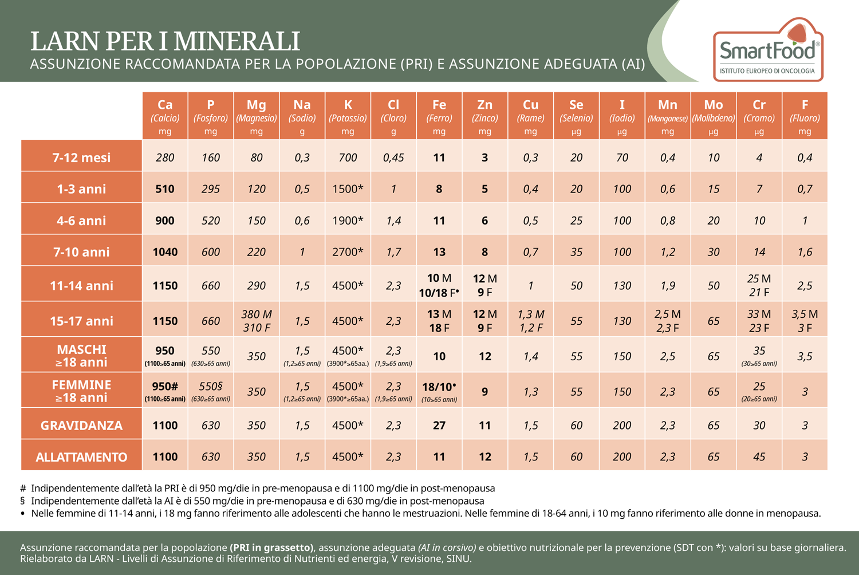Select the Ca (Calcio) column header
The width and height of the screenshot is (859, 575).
[165, 116]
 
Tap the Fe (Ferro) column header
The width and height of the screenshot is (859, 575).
[439, 116]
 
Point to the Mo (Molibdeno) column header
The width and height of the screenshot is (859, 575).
[713, 116]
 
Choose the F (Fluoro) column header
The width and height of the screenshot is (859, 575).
[805, 116]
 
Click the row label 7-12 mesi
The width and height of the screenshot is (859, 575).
[81, 157]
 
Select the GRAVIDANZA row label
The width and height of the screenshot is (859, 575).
[81, 426]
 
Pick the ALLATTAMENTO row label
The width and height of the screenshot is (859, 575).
[81, 457]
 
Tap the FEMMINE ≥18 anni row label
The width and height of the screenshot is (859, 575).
[81, 391]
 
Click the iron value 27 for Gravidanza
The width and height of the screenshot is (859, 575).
[439, 426]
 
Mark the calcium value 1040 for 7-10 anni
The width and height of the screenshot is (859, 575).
[165, 252]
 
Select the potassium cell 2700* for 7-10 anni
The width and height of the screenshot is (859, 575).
[348, 252]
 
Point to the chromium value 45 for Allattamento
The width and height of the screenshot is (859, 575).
[759, 457]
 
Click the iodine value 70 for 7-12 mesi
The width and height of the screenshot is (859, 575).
[622, 157]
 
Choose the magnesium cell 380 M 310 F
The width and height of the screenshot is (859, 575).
[257, 321]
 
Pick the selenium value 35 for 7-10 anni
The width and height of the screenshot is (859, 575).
[576, 252]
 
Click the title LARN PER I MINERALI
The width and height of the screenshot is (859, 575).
[165, 41]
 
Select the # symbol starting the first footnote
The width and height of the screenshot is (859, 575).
[23, 489]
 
